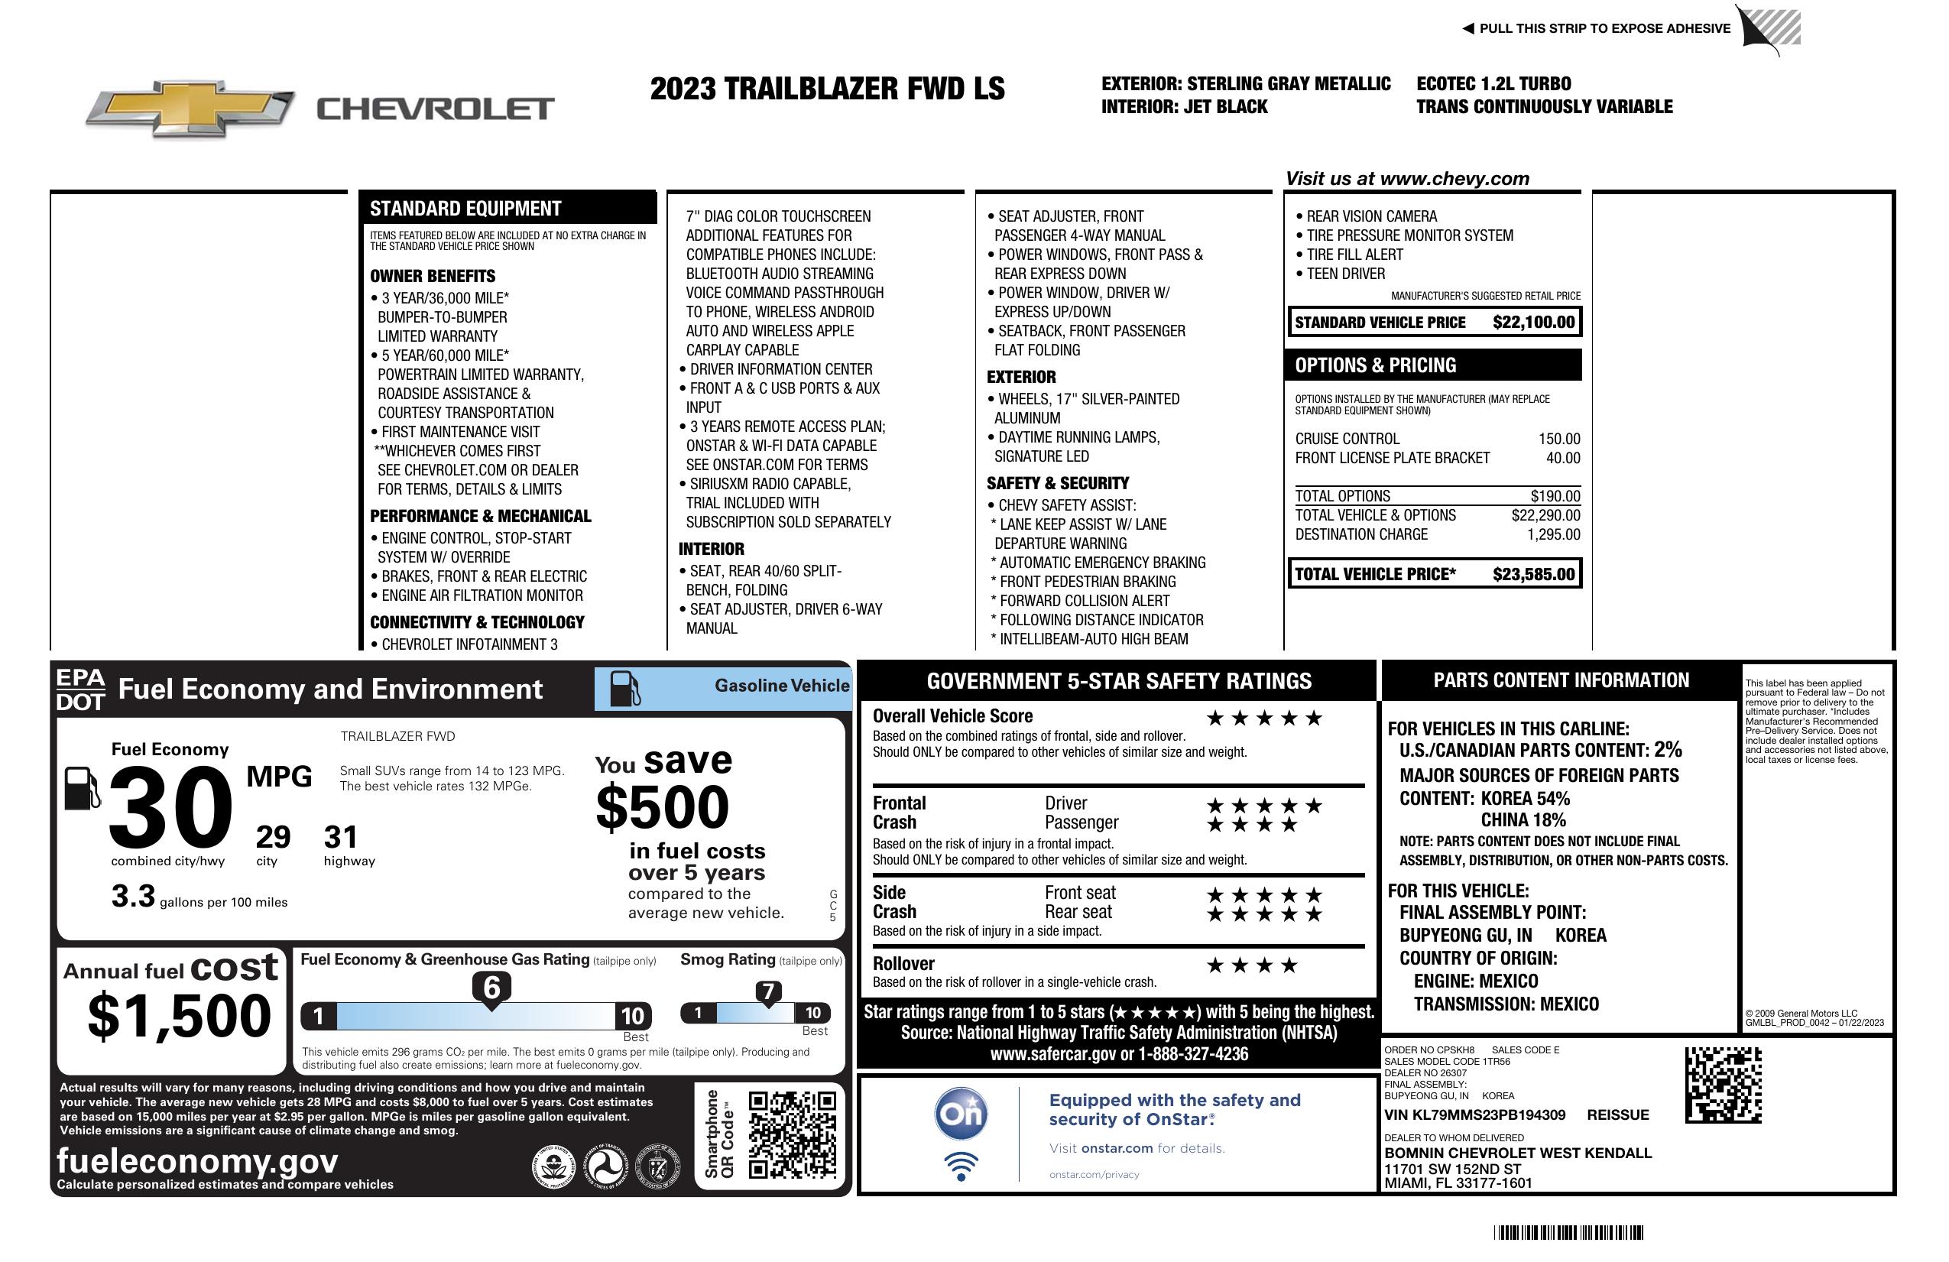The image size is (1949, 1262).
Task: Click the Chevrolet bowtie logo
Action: coord(190,107)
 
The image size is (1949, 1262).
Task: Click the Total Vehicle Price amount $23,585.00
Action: coord(1533,574)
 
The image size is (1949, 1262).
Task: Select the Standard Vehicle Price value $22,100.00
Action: coord(1533,322)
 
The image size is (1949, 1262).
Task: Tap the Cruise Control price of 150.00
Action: coord(1558,439)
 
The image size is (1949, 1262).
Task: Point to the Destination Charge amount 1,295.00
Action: coord(1552,535)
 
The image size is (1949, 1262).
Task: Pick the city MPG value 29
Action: coord(273,837)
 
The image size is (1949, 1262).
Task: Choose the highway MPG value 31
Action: coord(341,837)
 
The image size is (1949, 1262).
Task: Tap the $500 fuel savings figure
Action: coord(663,807)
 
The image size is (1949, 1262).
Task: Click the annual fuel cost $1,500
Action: coord(180,1016)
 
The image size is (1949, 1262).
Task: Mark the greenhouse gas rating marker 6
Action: coord(491,988)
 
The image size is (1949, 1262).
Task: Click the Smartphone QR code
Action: coord(792,1134)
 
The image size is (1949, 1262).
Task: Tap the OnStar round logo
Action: coord(961,1114)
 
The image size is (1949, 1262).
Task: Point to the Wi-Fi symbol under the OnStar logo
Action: coord(961,1166)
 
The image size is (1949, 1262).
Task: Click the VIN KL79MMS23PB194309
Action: coord(1474,1114)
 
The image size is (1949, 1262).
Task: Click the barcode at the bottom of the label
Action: coord(1568,1232)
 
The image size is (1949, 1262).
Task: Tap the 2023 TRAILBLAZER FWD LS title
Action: coord(827,89)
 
